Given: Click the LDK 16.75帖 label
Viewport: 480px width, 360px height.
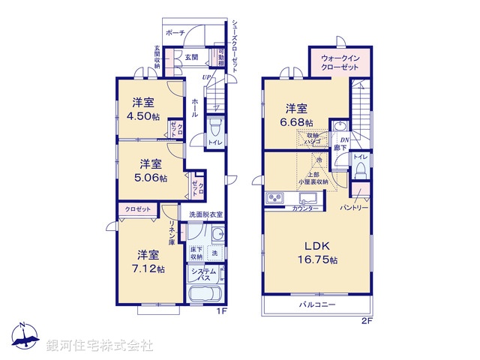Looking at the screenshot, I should click(x=317, y=252).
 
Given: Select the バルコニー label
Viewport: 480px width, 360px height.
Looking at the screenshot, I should click(x=318, y=305).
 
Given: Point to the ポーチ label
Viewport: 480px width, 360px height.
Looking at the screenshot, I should click(x=175, y=34).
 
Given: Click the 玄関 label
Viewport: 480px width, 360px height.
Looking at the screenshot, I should click(x=191, y=57).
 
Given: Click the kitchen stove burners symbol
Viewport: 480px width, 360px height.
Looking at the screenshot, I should click(x=274, y=199).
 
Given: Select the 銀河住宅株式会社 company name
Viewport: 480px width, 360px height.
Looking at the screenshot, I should click(x=100, y=345).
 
